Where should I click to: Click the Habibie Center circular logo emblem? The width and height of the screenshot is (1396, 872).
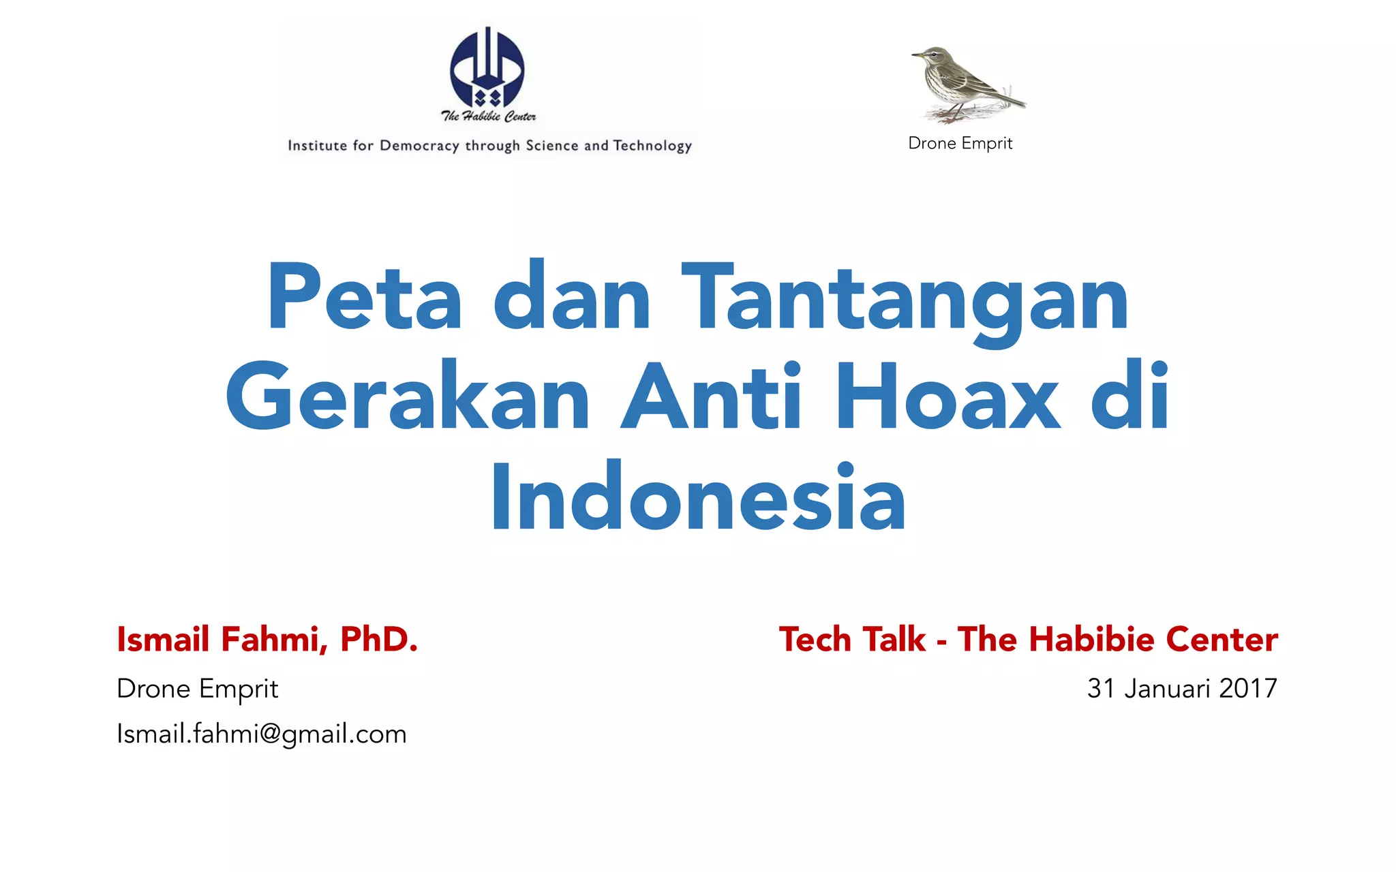tap(487, 67)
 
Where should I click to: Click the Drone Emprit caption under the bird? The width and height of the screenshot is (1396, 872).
tap(960, 143)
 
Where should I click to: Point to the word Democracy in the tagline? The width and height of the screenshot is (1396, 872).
tap(419, 145)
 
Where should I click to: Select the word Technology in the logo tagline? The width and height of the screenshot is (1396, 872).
tap(652, 145)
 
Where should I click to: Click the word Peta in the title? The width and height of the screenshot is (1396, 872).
tap(365, 298)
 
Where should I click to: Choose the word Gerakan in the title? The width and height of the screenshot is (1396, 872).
tap(408, 397)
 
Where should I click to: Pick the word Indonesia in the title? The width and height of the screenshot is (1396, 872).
tap(698, 497)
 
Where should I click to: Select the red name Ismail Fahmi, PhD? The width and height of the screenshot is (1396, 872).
tap(267, 639)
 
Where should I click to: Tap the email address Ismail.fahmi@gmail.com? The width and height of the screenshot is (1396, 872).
tap(262, 734)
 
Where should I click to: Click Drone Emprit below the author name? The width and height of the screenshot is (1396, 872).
tap(197, 689)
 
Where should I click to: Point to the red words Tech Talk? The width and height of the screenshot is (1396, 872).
tap(852, 639)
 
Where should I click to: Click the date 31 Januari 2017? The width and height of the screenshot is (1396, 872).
tap(1182, 688)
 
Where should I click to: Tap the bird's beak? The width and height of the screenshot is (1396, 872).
tap(917, 55)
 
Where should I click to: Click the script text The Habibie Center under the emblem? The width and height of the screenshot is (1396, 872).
tap(488, 116)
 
